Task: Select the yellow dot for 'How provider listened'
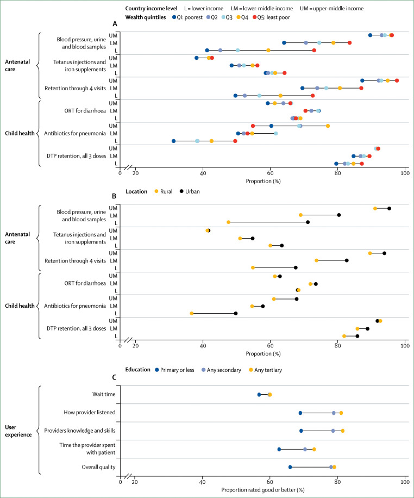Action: (341, 413)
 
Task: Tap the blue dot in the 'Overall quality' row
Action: (290, 467)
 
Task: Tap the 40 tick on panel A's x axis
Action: (203, 174)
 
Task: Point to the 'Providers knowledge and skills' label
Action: (76, 431)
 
